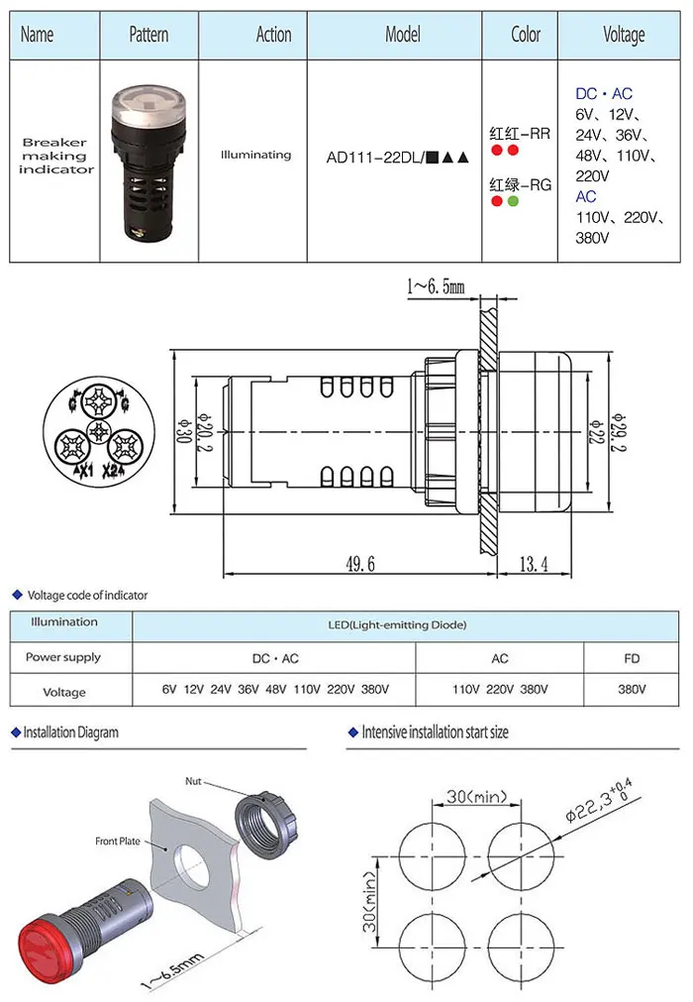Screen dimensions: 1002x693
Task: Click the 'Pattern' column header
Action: (148, 35)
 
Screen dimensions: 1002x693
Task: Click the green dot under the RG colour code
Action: (513, 201)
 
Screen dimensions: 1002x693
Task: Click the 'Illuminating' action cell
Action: (255, 155)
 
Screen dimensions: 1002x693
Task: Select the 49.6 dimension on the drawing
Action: (359, 564)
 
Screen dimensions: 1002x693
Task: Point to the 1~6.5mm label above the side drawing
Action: (435, 286)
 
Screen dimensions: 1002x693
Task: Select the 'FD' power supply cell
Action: (632, 658)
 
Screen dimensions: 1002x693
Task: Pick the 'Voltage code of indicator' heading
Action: (87, 596)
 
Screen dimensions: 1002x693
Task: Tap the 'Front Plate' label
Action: (119, 841)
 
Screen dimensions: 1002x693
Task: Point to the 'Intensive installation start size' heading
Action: (435, 732)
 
